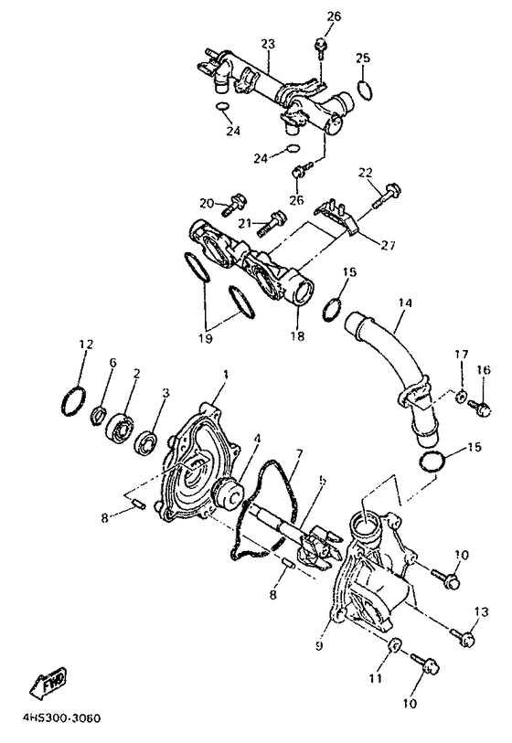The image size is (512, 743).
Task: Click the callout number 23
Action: [x=267, y=43]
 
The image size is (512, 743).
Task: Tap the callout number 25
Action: [x=363, y=58]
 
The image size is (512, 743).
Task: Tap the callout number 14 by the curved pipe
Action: [x=404, y=303]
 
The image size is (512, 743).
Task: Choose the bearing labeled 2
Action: [x=120, y=427]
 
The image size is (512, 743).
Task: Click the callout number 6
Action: [x=112, y=364]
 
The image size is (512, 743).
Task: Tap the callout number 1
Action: [x=226, y=375]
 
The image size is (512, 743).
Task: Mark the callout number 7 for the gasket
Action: [x=298, y=454]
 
